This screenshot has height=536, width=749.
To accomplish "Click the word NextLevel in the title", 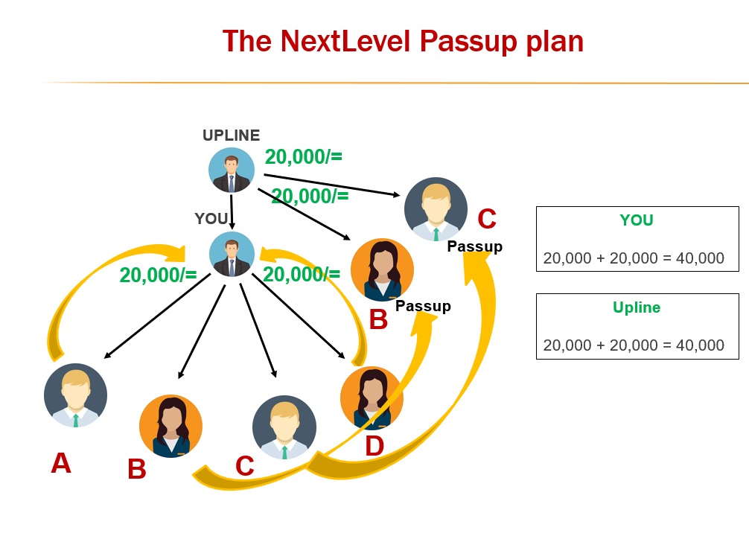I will click(x=345, y=41).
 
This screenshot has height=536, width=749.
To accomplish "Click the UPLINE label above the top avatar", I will click(x=232, y=135).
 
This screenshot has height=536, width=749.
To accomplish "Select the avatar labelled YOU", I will click(x=232, y=255).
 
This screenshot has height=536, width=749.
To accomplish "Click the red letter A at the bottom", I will click(x=61, y=464).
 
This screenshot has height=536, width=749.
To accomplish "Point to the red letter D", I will click(x=374, y=446).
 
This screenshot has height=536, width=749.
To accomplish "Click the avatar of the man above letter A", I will click(x=75, y=395).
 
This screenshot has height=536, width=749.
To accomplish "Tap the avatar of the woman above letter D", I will click(x=372, y=398).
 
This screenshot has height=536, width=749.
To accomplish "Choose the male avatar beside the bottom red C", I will click(x=284, y=427).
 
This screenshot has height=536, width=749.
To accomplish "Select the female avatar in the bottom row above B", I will click(x=170, y=426).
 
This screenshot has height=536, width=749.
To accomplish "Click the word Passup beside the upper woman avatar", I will click(x=423, y=306).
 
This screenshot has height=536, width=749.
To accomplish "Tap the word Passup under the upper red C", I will click(x=474, y=246).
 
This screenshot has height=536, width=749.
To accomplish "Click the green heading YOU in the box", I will click(x=637, y=220).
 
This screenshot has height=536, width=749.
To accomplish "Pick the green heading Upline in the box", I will click(x=637, y=307).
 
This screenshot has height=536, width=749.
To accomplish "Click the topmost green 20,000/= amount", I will click(x=303, y=157).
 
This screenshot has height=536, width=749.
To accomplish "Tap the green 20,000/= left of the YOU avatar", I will click(x=158, y=275).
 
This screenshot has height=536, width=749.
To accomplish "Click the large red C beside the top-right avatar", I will click(x=486, y=220).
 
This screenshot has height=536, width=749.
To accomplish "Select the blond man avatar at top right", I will click(x=436, y=209).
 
